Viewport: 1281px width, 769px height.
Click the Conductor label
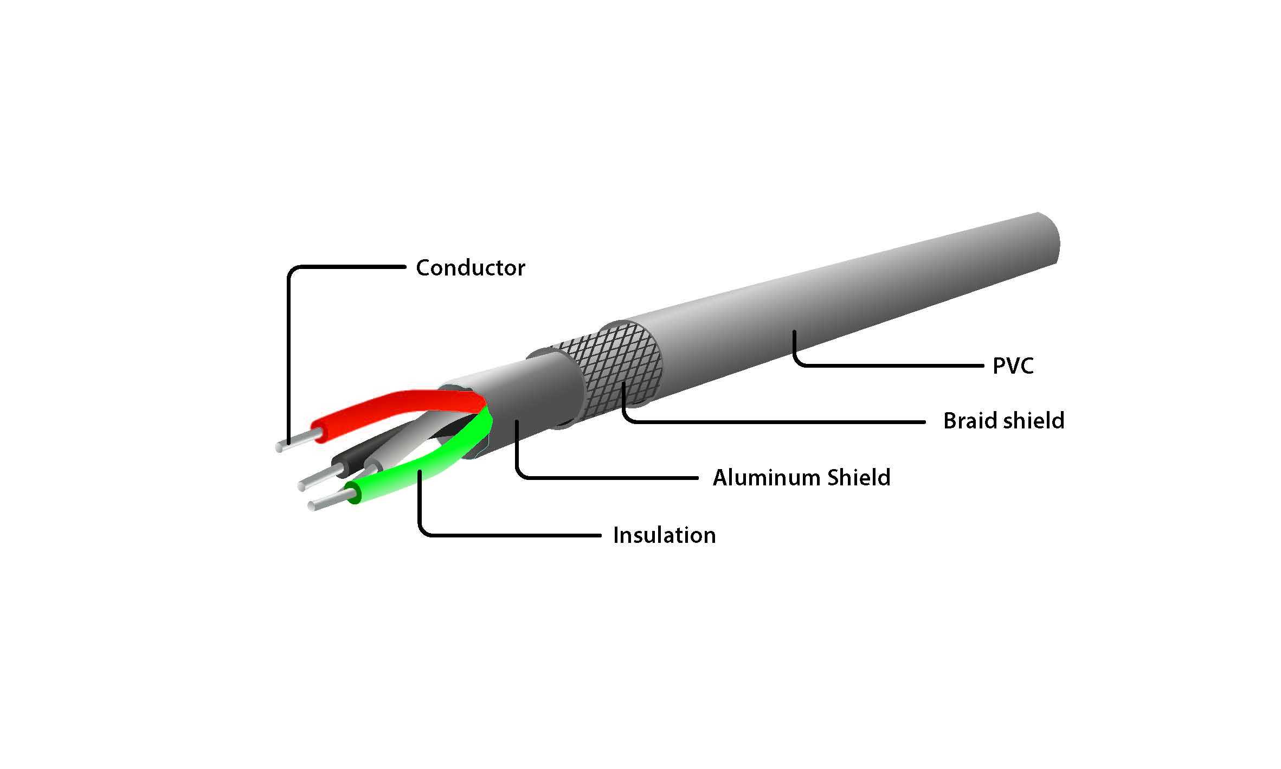(x=470, y=268)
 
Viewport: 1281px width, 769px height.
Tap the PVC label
(x=1013, y=366)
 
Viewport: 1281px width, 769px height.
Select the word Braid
(x=968, y=421)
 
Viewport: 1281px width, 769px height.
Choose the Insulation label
(x=664, y=535)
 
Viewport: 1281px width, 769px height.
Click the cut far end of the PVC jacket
(x=1049, y=239)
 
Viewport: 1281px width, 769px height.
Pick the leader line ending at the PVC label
(x=889, y=366)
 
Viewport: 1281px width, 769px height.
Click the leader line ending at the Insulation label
(x=510, y=535)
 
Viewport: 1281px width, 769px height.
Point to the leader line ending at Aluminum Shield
(x=607, y=478)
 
